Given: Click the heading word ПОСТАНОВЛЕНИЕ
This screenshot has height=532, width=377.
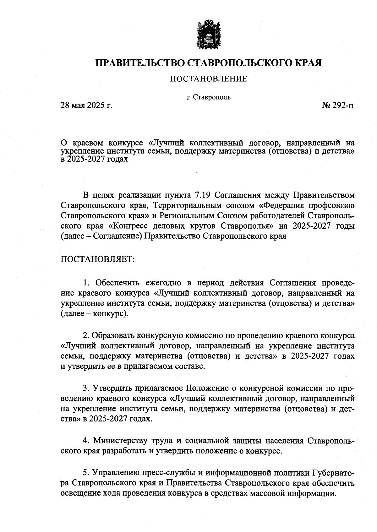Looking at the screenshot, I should point(209,79).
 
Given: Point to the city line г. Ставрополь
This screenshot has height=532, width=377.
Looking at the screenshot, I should point(209,97).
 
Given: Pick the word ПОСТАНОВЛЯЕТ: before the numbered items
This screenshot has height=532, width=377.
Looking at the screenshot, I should point(97,260).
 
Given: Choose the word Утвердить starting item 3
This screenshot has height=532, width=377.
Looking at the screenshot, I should point(112,388).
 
